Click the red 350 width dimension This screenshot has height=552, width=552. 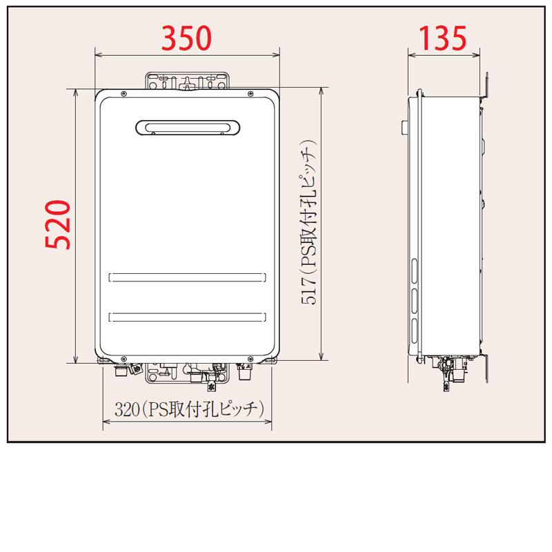pos(186,39)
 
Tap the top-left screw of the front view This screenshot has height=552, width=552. pos(124,93)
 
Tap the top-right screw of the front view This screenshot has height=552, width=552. pos(250,93)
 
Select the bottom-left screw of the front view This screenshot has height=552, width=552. pos(124,358)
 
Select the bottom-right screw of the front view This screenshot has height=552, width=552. pos(250,358)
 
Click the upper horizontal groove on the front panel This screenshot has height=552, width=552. pos(187,277)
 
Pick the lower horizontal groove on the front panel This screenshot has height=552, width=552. pos(187,317)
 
